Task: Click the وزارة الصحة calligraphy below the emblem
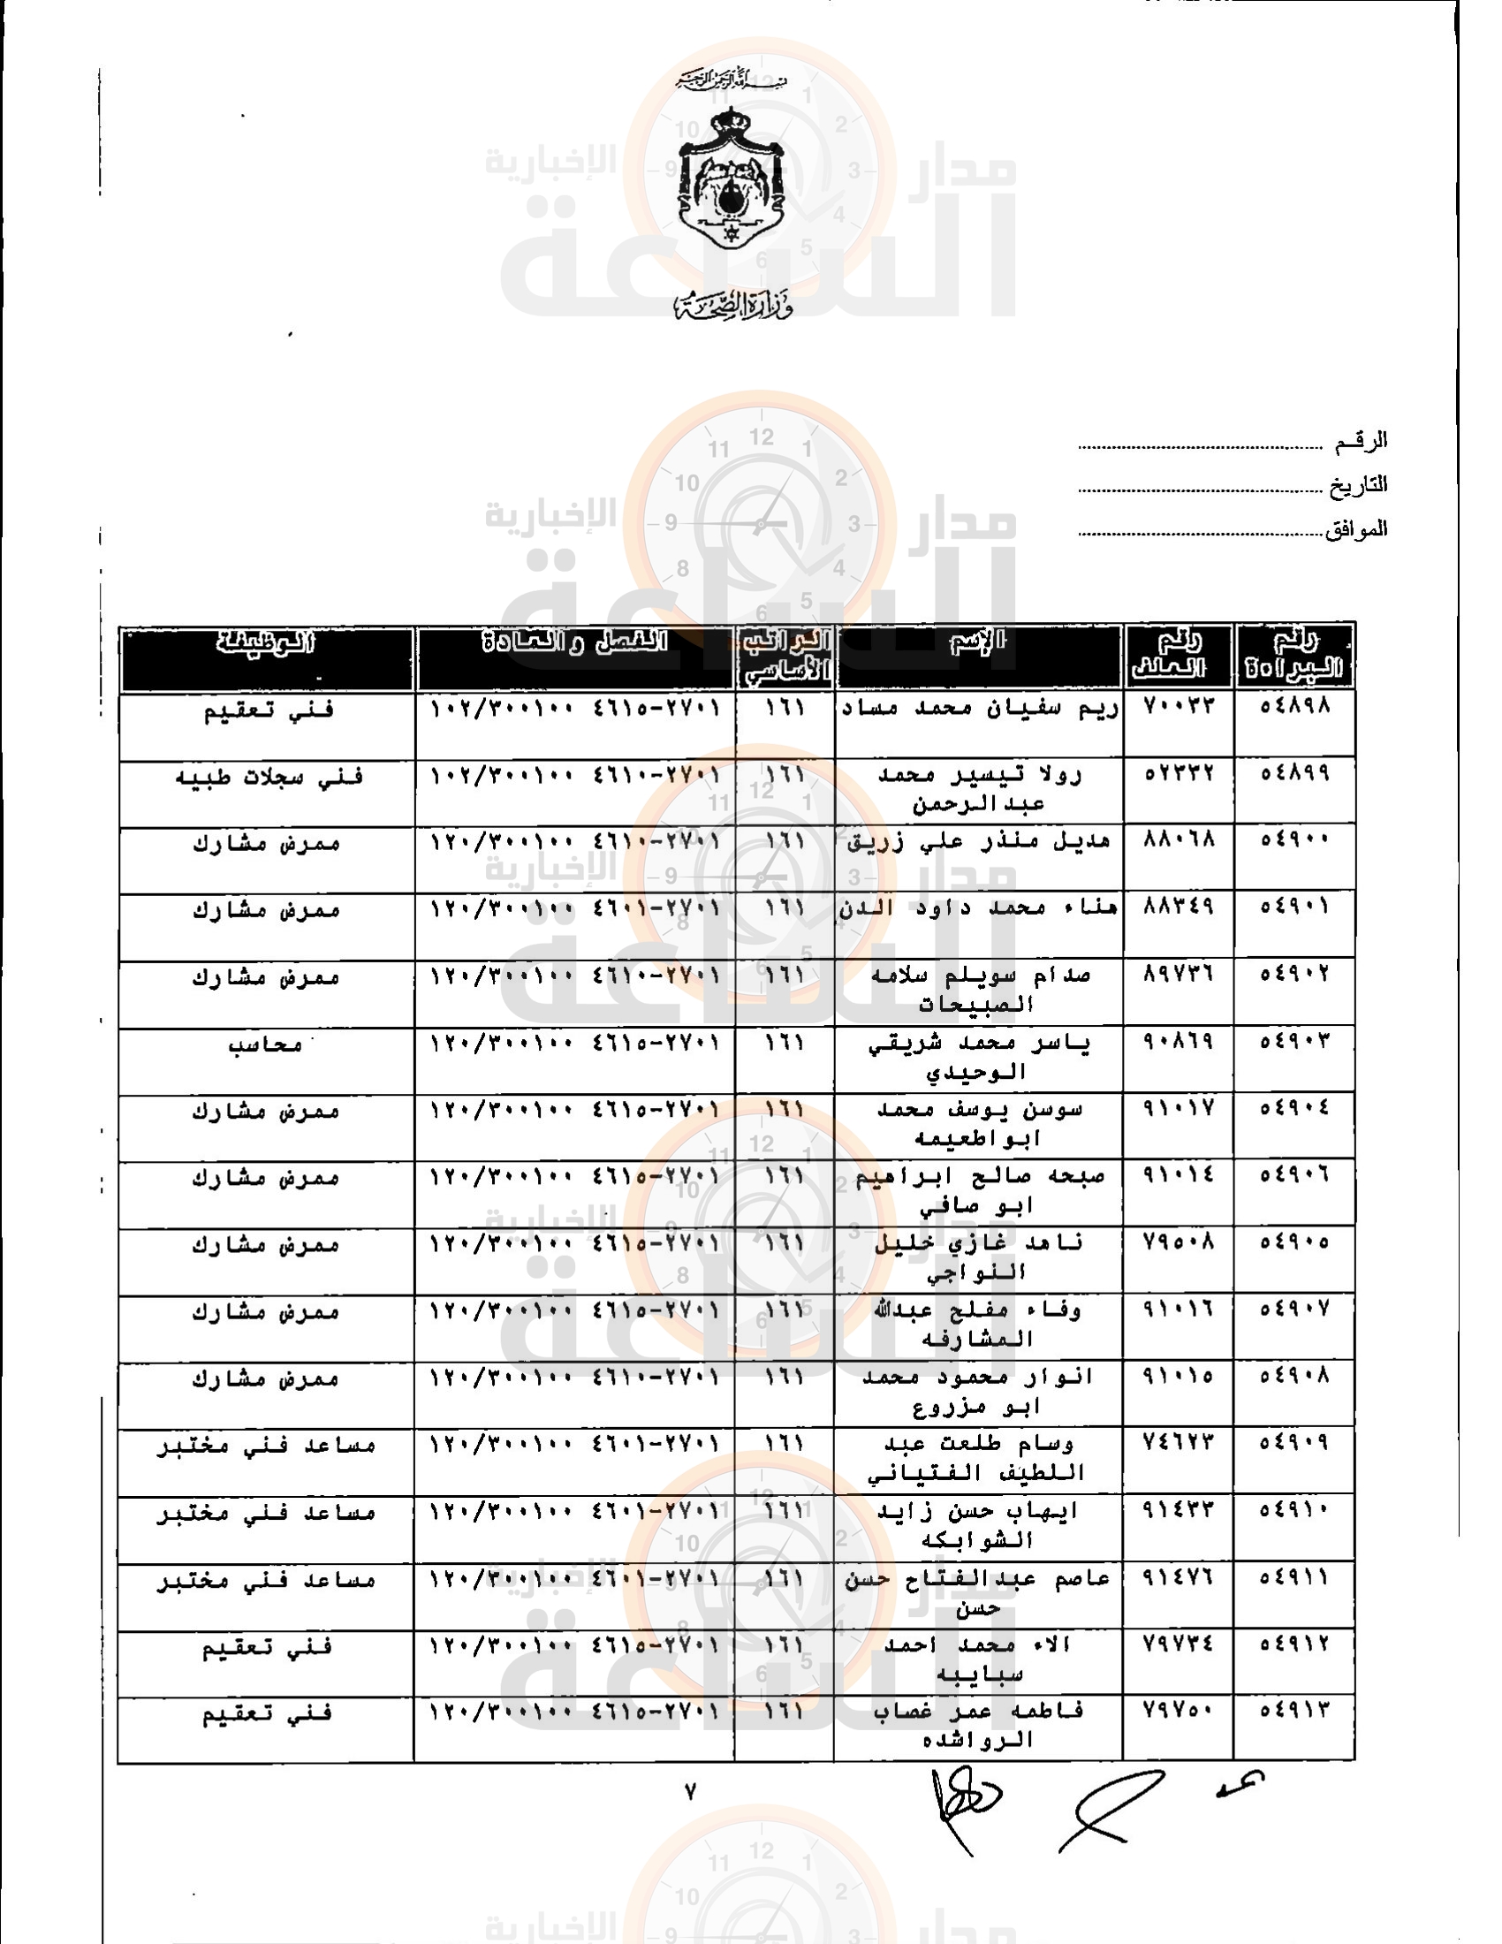[x=732, y=305]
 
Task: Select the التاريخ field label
[x=1358, y=486]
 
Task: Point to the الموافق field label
[x=1356, y=529]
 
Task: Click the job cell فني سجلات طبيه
[x=269, y=777]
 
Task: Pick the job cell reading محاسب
[x=265, y=1044]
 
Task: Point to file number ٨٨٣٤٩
[x=1178, y=907]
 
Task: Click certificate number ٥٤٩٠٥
[x=1294, y=1242]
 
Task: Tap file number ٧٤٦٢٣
[x=1178, y=1442]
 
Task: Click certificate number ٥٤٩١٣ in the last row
[x=1294, y=1710]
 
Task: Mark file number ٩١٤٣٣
[x=1178, y=1509]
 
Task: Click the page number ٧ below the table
[x=690, y=1792]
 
